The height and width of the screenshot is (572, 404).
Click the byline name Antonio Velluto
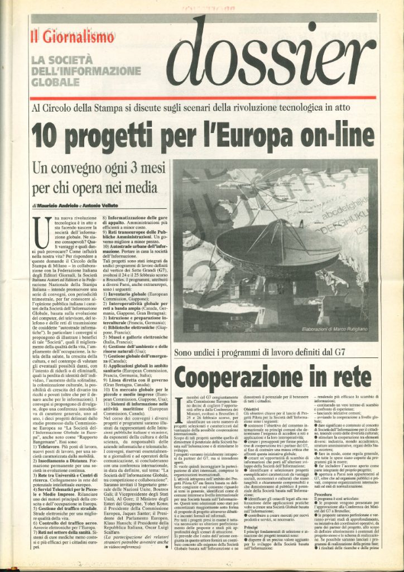click(x=116, y=206)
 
